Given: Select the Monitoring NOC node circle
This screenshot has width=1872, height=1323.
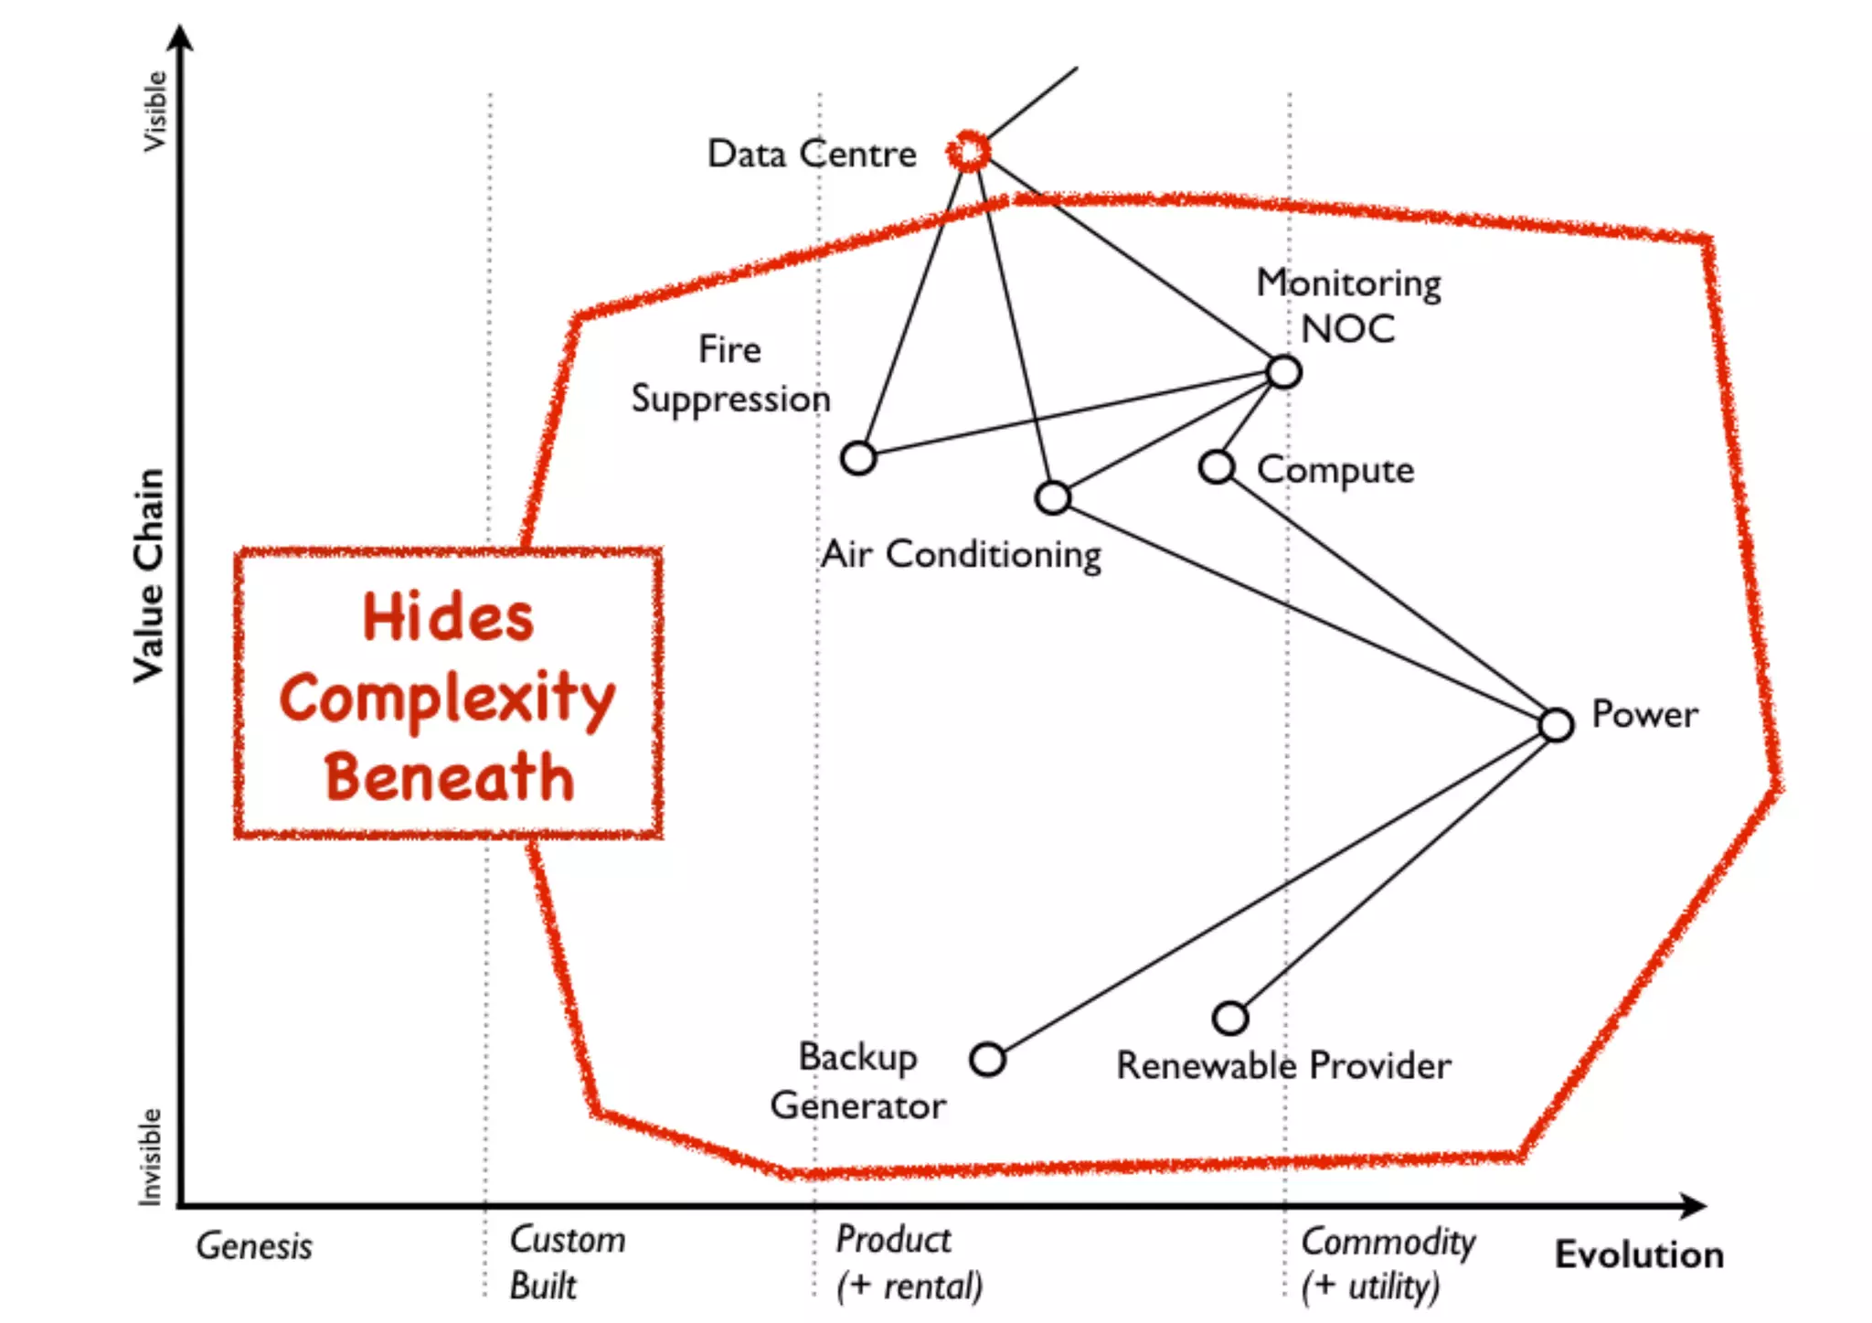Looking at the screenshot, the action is tap(1283, 372).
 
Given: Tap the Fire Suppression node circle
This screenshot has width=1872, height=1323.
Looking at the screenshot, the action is tap(858, 457).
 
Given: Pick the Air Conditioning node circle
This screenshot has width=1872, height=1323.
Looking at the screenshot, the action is tap(1053, 497).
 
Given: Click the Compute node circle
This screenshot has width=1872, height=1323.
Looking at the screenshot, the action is tap(1216, 466).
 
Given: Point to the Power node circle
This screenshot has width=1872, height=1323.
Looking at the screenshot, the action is tap(1556, 724).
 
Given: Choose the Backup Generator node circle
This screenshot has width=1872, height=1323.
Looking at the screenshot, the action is tap(987, 1060).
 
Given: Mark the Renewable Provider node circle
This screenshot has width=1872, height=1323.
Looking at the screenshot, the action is tap(1230, 1018).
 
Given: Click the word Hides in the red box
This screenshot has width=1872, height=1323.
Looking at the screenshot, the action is tap(448, 617).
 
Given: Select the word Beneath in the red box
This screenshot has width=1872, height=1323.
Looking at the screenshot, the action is tap(449, 777).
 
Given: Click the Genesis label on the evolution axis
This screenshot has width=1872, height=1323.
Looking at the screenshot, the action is tap(254, 1246).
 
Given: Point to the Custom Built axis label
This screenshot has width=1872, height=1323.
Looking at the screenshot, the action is tap(567, 1263).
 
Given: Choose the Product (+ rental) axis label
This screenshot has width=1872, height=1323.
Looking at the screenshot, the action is tap(909, 1263).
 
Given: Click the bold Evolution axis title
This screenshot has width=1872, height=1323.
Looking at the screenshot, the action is tap(1639, 1254).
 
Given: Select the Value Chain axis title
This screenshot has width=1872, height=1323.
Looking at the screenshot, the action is tap(149, 576).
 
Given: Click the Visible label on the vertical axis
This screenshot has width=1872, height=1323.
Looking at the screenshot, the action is tap(154, 111).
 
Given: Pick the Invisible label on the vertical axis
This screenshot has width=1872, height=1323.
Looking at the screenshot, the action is tap(149, 1157).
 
